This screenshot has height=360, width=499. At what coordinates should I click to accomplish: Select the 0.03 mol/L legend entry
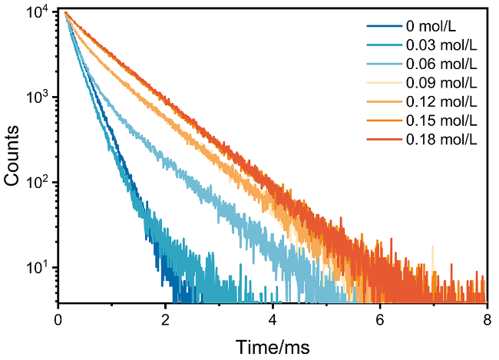pos(443,46)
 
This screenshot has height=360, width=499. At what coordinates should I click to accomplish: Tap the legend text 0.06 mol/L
pos(443,64)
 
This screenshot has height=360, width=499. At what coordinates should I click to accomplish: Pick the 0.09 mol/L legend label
pos(443,83)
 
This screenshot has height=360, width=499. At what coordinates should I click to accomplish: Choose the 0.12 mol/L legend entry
pos(443,101)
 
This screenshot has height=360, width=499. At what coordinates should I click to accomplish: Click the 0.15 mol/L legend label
pos(443,120)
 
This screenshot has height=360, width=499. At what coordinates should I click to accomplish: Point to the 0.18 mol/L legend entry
pos(443,138)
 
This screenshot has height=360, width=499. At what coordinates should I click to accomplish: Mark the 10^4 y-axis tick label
pos(38,13)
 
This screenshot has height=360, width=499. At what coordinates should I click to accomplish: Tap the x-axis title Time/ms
pos(272,346)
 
